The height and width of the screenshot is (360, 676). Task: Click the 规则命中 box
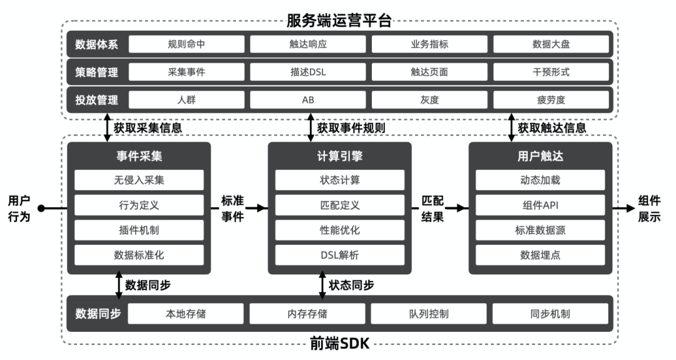[x=186, y=44]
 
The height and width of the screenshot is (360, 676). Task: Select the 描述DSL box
[x=308, y=72]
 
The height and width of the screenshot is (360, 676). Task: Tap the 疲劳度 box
[x=551, y=100]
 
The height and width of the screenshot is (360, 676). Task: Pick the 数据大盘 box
[x=551, y=44]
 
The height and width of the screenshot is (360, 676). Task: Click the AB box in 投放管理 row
[x=308, y=100]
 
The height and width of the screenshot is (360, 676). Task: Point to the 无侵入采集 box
[x=139, y=180]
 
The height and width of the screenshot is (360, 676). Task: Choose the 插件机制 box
[x=139, y=230]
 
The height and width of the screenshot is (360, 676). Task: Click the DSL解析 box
[x=340, y=255]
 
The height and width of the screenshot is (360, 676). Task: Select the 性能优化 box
[x=340, y=230]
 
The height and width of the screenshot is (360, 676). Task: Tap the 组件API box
[x=540, y=205]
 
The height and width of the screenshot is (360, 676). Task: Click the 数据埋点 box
[x=540, y=255]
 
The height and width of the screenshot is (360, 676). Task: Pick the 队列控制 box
[x=429, y=314]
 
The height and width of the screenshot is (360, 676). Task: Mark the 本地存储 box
[x=186, y=314]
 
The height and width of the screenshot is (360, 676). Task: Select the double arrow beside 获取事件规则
[x=310, y=128]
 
